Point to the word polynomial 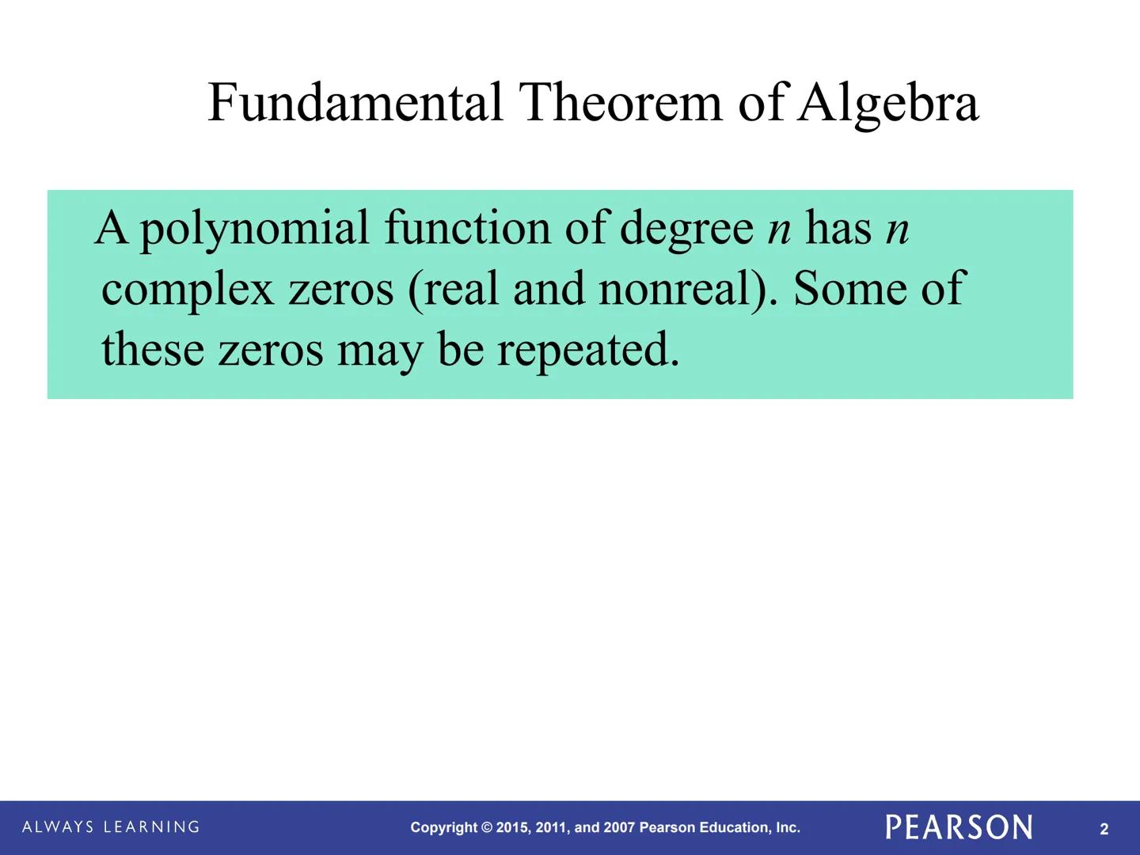point(255,230)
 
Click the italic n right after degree point(780,230)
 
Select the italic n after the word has point(898,230)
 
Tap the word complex point(188,290)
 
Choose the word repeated point(588,350)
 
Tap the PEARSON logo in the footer point(959,827)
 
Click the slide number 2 point(1104,829)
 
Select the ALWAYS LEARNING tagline point(111,827)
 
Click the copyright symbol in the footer point(487,828)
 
